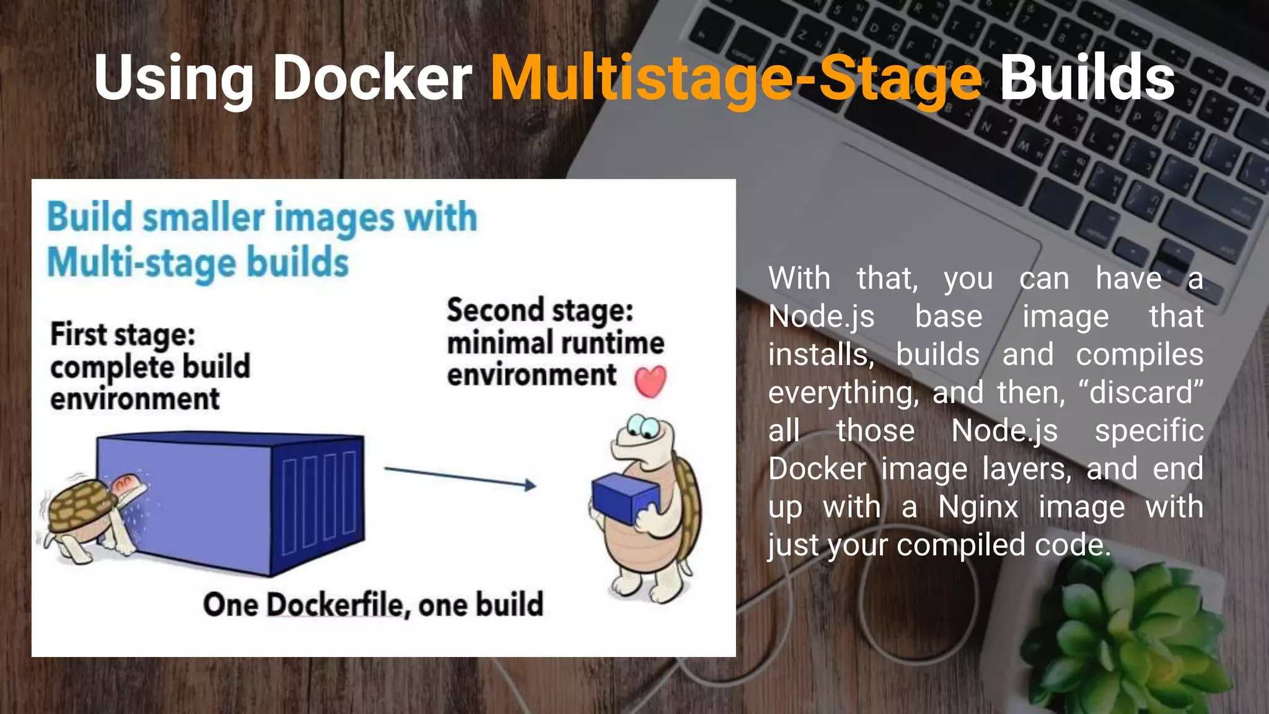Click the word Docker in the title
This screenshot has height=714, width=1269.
[372, 78]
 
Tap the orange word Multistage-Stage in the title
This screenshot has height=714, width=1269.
[736, 79]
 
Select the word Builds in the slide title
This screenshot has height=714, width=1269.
[1087, 78]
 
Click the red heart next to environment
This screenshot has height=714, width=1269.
[650, 381]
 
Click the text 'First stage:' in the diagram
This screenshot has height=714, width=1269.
[123, 335]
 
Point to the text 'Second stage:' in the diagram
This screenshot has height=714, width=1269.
[540, 310]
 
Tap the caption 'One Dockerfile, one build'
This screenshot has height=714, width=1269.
[373, 605]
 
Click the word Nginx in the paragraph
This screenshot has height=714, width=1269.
[978, 507]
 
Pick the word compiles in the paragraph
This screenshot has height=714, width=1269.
[1139, 355]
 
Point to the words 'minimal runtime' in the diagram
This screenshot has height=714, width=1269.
[555, 343]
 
